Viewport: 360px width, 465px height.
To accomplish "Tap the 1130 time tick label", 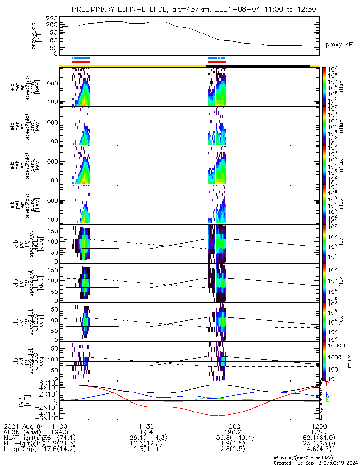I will [x=146, y=426].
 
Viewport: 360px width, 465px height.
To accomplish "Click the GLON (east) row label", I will [x=20, y=432].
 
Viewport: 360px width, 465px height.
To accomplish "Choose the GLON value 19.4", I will [x=146, y=432].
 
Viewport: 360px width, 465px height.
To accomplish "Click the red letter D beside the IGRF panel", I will [x=327, y=385].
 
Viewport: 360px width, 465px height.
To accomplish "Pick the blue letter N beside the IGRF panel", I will [x=327, y=394].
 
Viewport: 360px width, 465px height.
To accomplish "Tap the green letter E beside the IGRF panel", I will [x=327, y=400].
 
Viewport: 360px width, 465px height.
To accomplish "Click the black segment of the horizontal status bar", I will [x=258, y=66].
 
